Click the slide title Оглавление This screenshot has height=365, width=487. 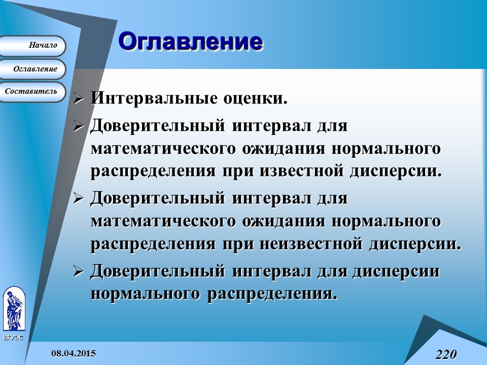click(191, 42)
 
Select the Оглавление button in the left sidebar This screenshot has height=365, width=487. click(34, 69)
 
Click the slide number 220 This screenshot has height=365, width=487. click(445, 354)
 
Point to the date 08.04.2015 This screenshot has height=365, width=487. click(73, 353)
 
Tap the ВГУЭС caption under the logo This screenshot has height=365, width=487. click(13, 337)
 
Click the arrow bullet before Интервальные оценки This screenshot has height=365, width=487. click(78, 98)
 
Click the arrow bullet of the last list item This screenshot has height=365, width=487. click(78, 272)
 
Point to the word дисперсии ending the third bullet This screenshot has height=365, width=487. click(412, 244)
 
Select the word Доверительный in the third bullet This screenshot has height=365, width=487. click(158, 198)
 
